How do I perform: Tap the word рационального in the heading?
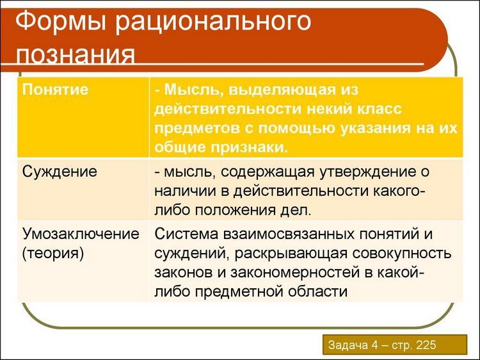tap(213, 23)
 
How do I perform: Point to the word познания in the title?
tap(76, 54)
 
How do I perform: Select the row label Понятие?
tap(55, 90)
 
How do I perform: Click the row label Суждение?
tap(60, 172)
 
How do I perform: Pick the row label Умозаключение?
tap(81, 234)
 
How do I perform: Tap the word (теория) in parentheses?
tap(52, 254)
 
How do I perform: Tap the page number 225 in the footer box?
tap(426, 345)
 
